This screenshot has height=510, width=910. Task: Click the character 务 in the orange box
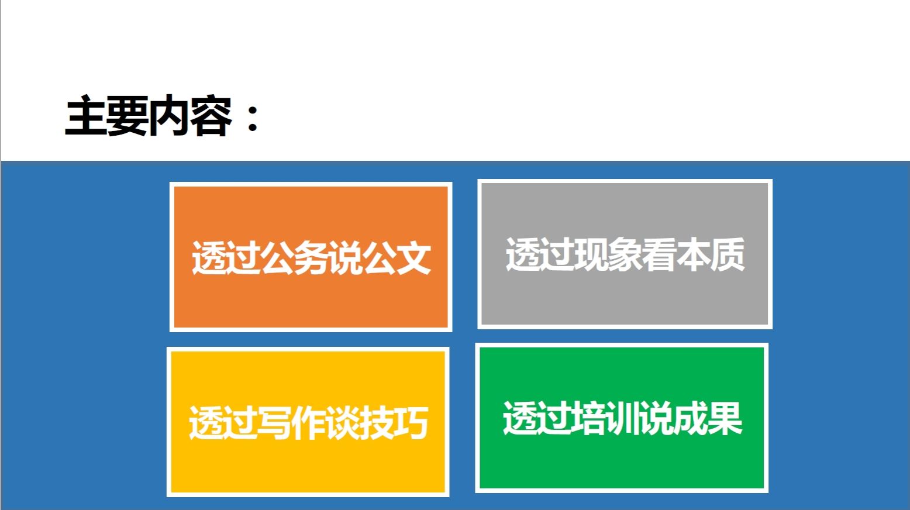click(311, 257)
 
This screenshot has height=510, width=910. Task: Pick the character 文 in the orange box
click(413, 257)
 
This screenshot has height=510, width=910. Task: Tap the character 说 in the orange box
click(345, 257)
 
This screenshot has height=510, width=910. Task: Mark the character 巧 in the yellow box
click(411, 422)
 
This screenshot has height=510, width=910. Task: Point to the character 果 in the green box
click(725, 418)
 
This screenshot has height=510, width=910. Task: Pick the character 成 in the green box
click(691, 418)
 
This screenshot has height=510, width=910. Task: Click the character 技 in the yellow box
click(377, 422)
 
